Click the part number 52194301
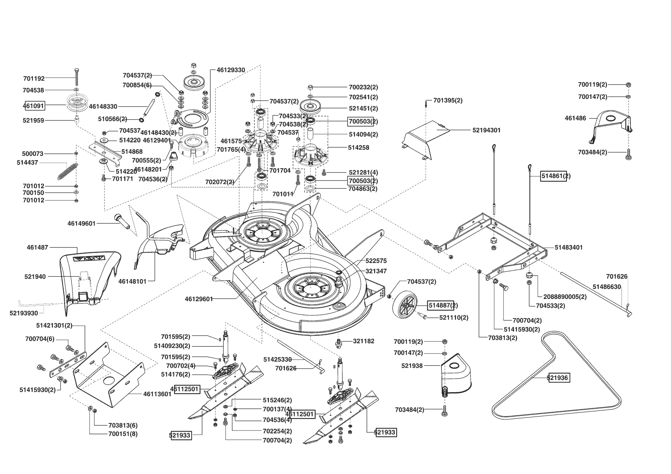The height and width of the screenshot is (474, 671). tap(486, 130)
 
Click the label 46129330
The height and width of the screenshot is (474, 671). tap(231, 70)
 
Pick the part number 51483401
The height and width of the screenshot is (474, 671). tap(568, 247)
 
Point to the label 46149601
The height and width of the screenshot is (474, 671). tap(81, 223)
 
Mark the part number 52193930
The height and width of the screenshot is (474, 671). tap(24, 313)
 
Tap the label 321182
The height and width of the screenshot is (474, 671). tap(363, 341)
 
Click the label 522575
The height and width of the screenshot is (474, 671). tap(376, 261)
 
